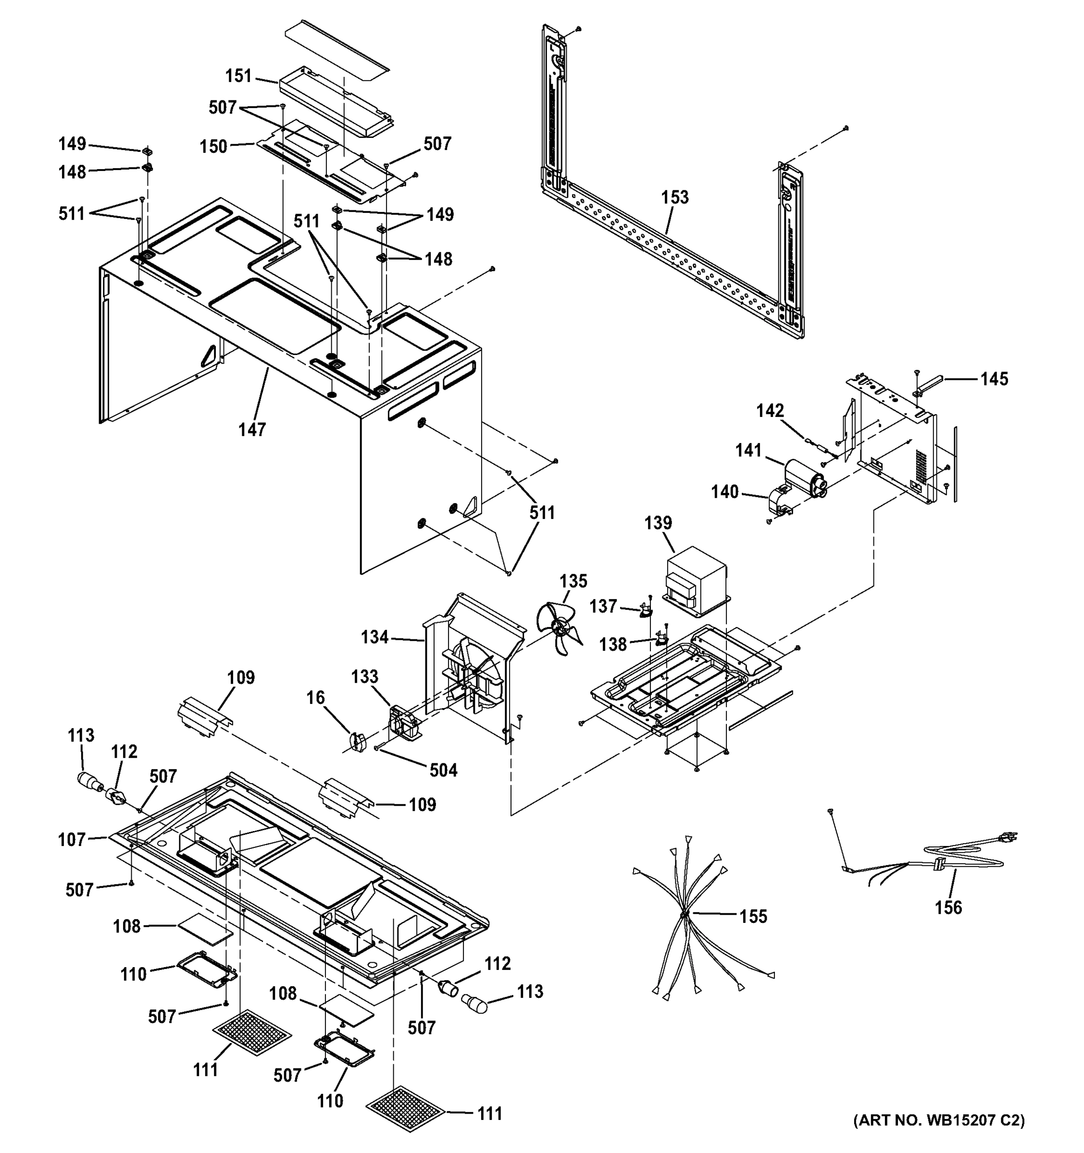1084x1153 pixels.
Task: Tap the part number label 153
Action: point(675,197)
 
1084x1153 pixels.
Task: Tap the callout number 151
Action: point(238,75)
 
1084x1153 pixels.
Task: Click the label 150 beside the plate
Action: point(213,146)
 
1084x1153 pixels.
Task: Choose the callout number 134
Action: point(374,637)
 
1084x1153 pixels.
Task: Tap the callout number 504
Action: point(443,770)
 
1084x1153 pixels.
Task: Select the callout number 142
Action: point(770,411)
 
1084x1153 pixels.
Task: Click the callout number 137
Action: point(603,606)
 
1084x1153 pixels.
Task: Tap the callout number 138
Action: point(613,644)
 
